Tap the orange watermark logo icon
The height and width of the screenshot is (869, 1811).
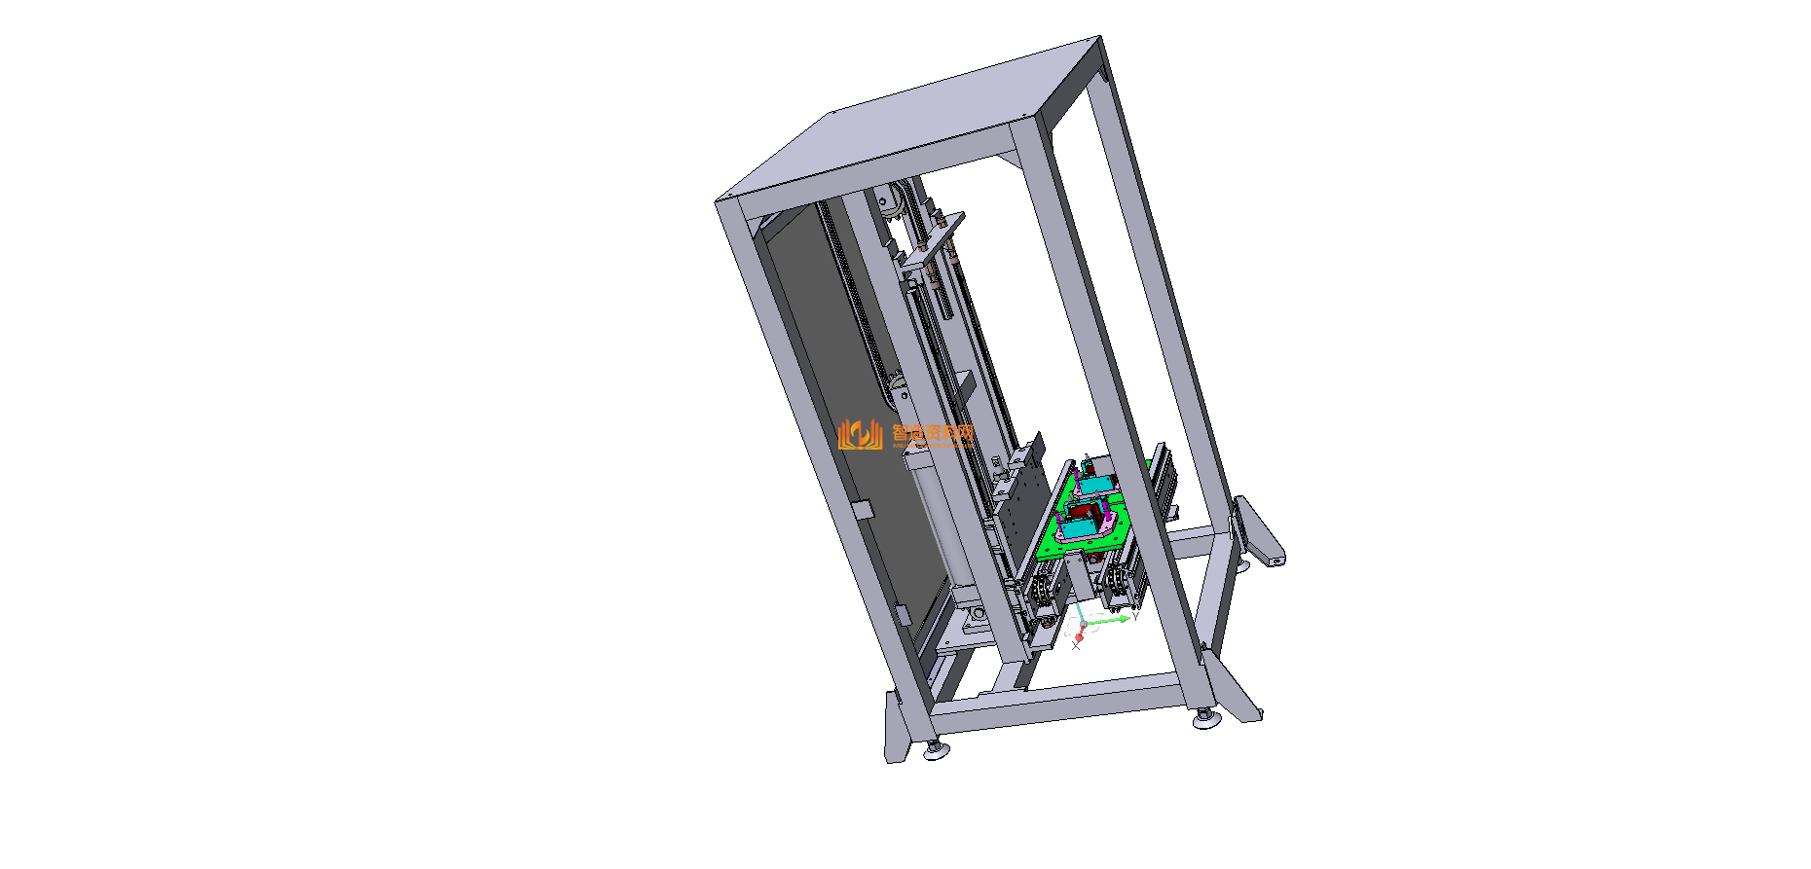coord(860,434)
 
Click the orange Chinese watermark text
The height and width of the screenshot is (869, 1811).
coord(933,433)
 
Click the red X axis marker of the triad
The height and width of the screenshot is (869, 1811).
coord(1079,635)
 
